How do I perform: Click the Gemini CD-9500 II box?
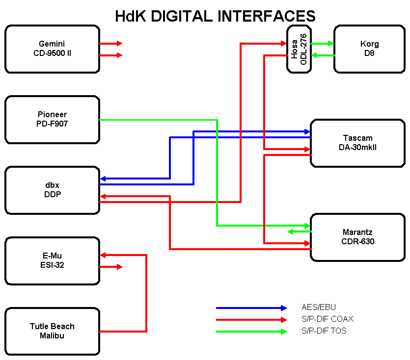[x=52, y=49]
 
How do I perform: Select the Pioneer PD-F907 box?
[x=52, y=120]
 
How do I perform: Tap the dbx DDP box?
[x=52, y=190]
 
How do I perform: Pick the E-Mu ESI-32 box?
[x=52, y=261]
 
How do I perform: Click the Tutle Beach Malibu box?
[x=52, y=332]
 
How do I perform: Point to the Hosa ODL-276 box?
[x=299, y=49]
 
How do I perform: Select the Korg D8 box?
[x=369, y=49]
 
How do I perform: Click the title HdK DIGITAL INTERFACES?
[x=215, y=16]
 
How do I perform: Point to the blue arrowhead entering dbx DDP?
[x=103, y=179]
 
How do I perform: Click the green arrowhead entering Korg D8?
[x=330, y=44]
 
